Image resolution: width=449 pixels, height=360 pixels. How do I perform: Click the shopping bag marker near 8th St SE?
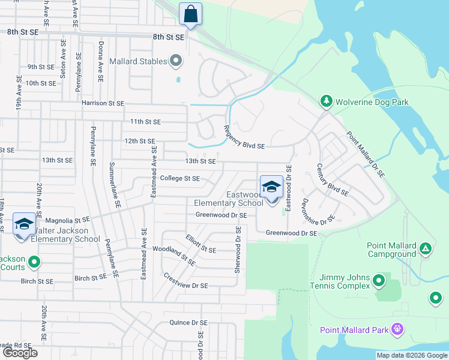pyautogui.click(x=190, y=14)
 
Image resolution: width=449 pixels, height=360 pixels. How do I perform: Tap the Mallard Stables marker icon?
pyautogui.click(x=176, y=61)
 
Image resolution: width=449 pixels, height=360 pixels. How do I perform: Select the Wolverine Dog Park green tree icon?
pyautogui.click(x=326, y=101)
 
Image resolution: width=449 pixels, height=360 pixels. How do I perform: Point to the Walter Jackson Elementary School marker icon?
pyautogui.click(x=23, y=225)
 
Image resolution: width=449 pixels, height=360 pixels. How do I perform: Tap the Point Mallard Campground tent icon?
pyautogui.click(x=425, y=248)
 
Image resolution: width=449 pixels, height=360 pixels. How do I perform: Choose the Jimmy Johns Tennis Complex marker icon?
pyautogui.click(x=379, y=280)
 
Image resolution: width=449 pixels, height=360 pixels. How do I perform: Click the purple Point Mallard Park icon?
pyautogui.click(x=396, y=329)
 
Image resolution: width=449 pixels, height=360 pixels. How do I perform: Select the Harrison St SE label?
pyautogui.click(x=103, y=103)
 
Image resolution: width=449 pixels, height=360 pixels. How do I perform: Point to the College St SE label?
pyautogui.click(x=180, y=178)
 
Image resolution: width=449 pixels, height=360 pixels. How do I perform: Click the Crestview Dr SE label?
pyautogui.click(x=185, y=281)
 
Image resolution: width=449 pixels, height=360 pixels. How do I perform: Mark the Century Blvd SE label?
pyautogui.click(x=332, y=182)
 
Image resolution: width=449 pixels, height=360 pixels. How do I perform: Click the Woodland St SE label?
pyautogui.click(x=174, y=255)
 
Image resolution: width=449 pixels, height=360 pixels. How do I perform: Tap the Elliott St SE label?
pyautogui.click(x=200, y=244)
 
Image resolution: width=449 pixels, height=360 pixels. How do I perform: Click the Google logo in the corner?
pyautogui.click(x=20, y=353)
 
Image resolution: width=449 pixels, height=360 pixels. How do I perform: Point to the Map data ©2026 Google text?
pyautogui.click(x=412, y=355)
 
